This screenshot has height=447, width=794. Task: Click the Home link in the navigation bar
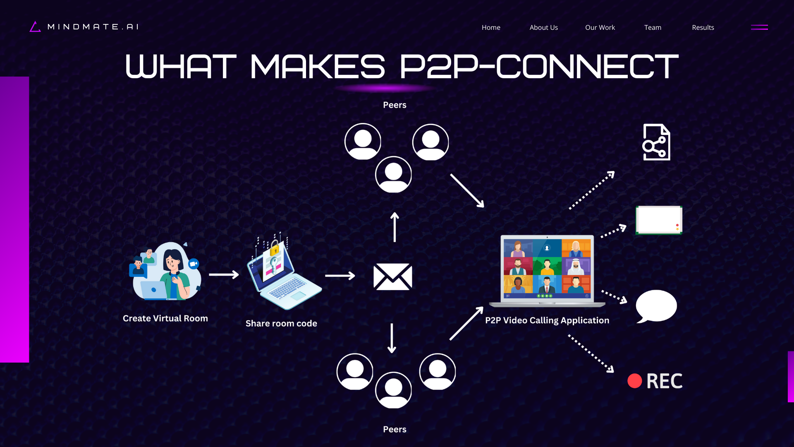pos(491,27)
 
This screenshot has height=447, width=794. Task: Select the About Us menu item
pos(543,27)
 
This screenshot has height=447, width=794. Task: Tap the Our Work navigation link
pos(600,27)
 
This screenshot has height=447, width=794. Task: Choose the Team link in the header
pos(653,27)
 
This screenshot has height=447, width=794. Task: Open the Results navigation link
pos(703,27)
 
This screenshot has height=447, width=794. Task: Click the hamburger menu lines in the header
pos(759,27)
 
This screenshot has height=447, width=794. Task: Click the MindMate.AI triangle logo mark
pos(35,27)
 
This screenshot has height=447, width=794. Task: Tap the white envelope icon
pos(392,276)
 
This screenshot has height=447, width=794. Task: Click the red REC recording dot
pos(634,381)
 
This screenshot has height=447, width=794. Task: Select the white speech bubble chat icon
pos(656,306)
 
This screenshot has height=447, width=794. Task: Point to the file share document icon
pos(656,142)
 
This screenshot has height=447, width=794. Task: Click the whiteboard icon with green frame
pos(658,220)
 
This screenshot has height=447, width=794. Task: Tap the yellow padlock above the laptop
pos(275,250)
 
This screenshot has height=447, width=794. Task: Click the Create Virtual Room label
pos(165,318)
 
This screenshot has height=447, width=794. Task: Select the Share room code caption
pos(281,323)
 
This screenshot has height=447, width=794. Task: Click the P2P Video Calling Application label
pos(547,320)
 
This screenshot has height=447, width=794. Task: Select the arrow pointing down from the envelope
pos(392,338)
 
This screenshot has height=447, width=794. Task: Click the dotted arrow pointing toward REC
pos(591,354)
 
